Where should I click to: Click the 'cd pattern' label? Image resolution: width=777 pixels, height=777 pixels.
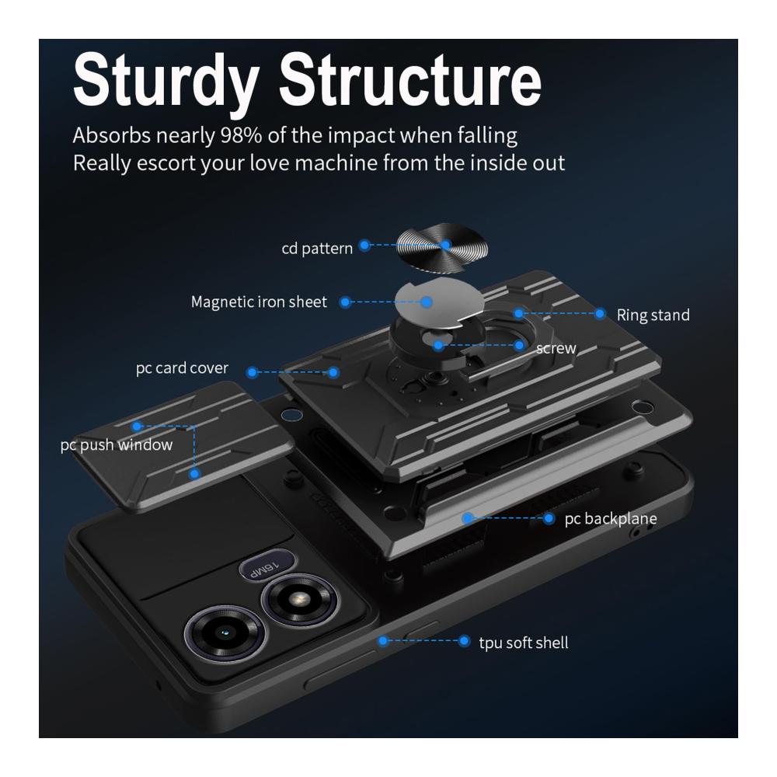click(317, 249)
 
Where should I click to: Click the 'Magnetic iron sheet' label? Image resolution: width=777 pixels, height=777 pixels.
click(260, 301)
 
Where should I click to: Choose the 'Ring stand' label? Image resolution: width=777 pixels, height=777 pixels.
click(653, 315)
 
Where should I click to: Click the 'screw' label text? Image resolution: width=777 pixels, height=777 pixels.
click(556, 348)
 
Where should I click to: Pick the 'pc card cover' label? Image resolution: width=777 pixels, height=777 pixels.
click(183, 368)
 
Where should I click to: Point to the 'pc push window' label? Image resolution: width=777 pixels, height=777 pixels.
click(117, 445)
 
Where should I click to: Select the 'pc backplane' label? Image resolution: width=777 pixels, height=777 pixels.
click(611, 518)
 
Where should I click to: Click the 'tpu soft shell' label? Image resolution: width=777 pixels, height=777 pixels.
click(524, 643)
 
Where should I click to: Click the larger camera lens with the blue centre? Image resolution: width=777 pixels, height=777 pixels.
click(223, 633)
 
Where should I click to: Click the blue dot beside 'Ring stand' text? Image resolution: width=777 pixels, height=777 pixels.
click(600, 314)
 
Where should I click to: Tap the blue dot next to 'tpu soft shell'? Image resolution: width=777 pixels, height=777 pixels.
click(465, 641)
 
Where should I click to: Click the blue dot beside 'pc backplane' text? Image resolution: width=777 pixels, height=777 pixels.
click(549, 517)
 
